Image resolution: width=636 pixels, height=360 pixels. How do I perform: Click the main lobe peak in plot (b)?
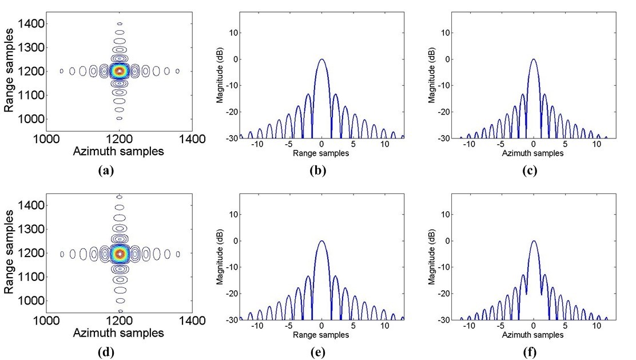(322, 60)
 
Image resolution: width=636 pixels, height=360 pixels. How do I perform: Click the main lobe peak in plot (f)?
(533, 241)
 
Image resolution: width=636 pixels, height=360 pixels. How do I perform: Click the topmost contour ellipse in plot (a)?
(120, 23)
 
